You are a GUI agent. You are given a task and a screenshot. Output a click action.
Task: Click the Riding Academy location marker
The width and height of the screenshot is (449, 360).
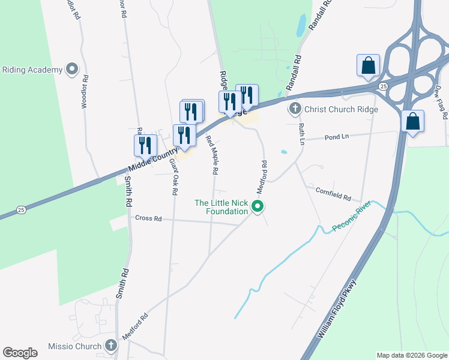73,70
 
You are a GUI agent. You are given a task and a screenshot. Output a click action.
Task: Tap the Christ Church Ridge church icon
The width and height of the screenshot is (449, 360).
295,109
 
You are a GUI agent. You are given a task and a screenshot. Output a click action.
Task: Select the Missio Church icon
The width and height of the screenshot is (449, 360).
110,346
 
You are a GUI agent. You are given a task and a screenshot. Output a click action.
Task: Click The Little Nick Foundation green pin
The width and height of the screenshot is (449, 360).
258,207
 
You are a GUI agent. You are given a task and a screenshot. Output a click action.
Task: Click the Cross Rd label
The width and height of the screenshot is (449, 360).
148,218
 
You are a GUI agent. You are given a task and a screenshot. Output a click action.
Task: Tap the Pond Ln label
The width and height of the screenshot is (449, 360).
336,137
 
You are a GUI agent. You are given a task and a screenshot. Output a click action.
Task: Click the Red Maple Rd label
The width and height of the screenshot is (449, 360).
211,155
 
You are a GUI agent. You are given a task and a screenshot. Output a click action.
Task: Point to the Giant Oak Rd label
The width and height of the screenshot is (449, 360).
173,176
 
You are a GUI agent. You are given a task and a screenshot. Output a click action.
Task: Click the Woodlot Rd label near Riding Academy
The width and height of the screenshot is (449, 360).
85,91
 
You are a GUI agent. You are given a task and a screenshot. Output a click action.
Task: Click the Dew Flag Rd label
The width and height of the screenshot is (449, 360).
440,101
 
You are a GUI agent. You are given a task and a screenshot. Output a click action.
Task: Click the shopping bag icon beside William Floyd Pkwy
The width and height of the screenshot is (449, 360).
412,121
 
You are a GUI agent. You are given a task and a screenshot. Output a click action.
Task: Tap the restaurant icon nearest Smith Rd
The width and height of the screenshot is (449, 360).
145,145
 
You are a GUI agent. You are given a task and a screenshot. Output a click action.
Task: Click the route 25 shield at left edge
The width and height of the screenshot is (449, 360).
21,209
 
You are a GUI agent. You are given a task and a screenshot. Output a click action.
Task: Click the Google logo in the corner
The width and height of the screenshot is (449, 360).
20,353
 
